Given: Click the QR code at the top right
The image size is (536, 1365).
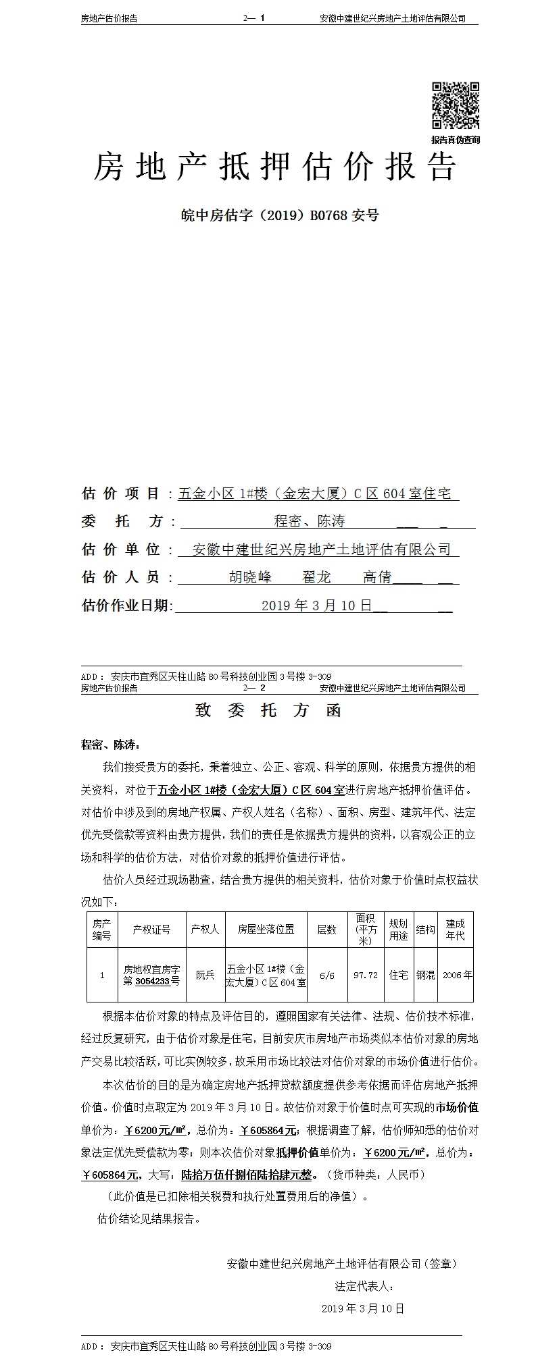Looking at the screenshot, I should pyautogui.click(x=455, y=105).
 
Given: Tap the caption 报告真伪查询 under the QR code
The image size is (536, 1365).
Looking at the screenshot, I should pyautogui.click(x=456, y=140).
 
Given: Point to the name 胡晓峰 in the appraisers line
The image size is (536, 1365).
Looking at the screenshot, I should pyautogui.click(x=250, y=577).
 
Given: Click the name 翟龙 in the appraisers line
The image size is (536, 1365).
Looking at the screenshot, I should pyautogui.click(x=316, y=577).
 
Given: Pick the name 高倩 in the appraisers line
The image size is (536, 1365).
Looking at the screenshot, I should pyautogui.click(x=377, y=577).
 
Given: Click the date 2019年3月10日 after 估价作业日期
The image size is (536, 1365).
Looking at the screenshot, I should pyautogui.click(x=317, y=606).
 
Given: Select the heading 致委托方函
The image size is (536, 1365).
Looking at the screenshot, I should pyautogui.click(x=268, y=710).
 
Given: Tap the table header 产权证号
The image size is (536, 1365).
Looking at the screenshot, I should pyautogui.click(x=151, y=929).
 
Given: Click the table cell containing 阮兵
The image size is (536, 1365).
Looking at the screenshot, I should pyautogui.click(x=205, y=975).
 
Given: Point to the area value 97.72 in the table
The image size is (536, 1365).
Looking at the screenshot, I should pyautogui.click(x=366, y=975).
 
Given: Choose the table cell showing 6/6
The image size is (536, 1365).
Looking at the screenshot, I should pyautogui.click(x=326, y=975).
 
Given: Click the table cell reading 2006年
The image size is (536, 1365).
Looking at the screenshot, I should pyautogui.click(x=457, y=975).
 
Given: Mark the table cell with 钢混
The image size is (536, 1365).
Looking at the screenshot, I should pyautogui.click(x=425, y=975).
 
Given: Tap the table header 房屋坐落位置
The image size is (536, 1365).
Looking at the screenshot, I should pyautogui.click(x=266, y=929).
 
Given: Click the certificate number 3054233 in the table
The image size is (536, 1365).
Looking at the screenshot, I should pyautogui.click(x=152, y=981).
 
